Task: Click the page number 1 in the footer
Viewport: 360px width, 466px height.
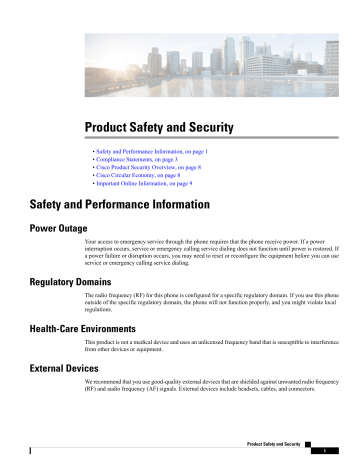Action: pos(339,450)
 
